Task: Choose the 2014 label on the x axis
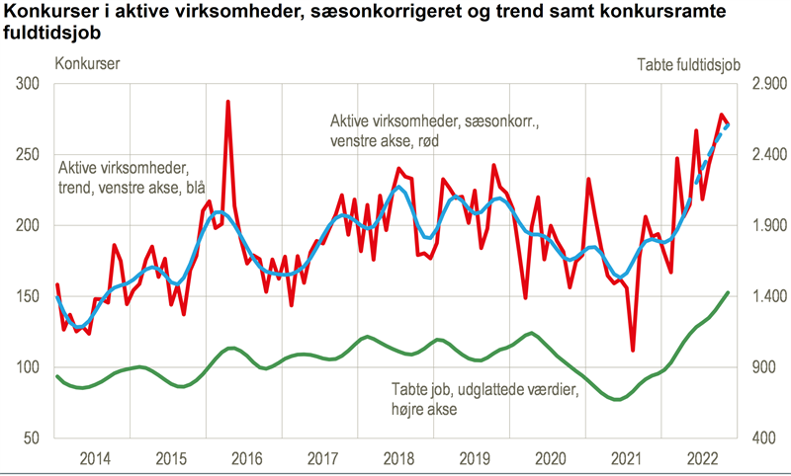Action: click(94, 458)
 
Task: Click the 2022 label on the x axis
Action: click(702, 458)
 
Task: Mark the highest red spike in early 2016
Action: click(228, 102)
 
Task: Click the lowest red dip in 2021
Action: click(633, 350)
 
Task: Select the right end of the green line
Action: click(729, 292)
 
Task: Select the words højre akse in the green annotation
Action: click(421, 407)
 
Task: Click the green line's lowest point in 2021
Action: click(618, 400)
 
